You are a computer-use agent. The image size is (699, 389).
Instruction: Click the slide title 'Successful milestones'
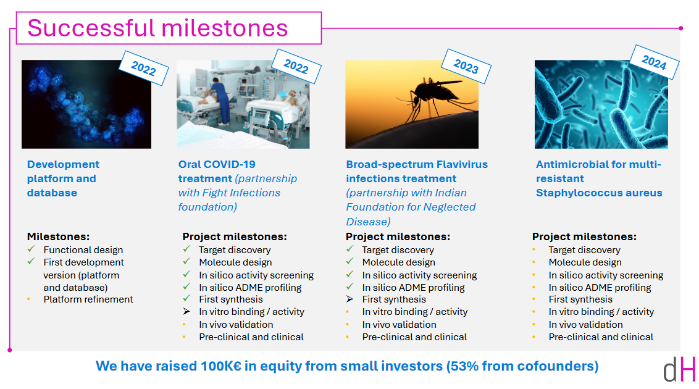(158, 28)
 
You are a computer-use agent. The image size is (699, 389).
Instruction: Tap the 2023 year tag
(466, 66)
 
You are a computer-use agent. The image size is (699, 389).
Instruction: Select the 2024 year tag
(654, 62)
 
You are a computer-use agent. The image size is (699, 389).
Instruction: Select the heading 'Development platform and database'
(63, 178)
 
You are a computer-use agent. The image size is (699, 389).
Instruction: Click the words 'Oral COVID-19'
(217, 164)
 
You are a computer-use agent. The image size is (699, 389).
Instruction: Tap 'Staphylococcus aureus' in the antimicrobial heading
(599, 193)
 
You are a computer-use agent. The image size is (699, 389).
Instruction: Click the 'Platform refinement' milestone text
(88, 299)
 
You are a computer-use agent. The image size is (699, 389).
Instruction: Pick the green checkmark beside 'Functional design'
(31, 249)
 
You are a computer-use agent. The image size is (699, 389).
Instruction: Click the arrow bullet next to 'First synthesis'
(349, 299)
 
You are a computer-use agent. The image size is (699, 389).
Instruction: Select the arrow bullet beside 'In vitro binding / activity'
(186, 311)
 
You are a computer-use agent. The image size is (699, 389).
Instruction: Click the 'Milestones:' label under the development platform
(59, 236)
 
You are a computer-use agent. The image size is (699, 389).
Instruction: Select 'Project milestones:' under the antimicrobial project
(584, 236)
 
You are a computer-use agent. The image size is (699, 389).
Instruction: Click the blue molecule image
(86, 104)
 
